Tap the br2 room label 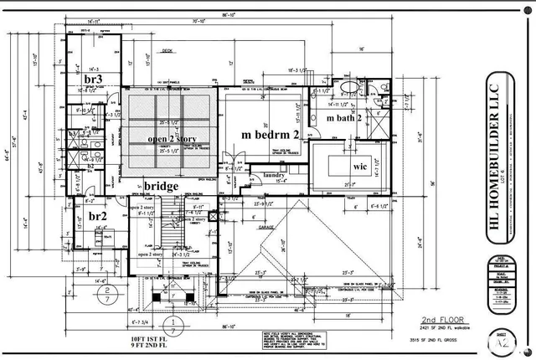click(x=98, y=215)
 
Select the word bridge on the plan click(x=162, y=186)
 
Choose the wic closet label click(x=360, y=167)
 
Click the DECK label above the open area click(x=166, y=50)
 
